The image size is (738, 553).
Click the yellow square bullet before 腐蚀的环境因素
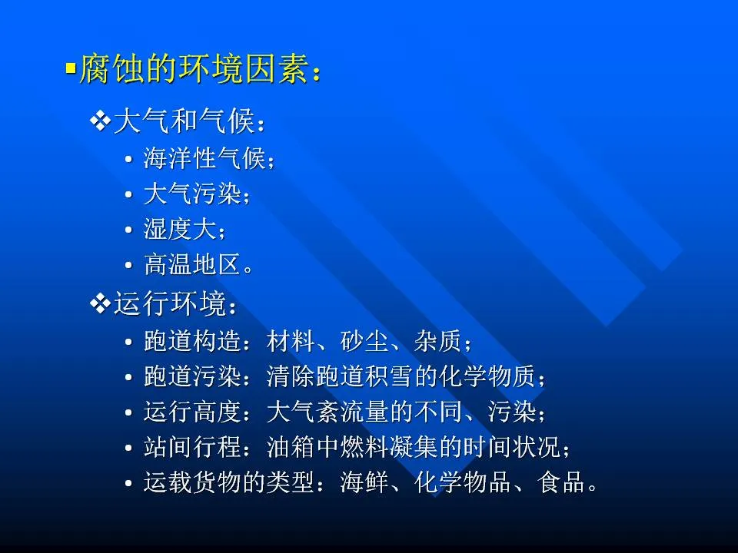pyautogui.click(x=71, y=69)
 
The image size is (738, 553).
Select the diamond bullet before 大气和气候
pyautogui.click(x=100, y=121)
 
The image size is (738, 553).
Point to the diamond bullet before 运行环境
pyautogui.click(x=100, y=303)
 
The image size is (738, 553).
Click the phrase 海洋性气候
pyautogui.click(x=204, y=158)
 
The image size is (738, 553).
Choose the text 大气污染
pyautogui.click(x=192, y=194)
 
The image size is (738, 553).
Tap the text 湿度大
pyautogui.click(x=180, y=230)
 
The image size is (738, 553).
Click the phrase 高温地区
pyautogui.click(x=192, y=264)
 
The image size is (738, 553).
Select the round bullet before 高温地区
pyautogui.click(x=128, y=265)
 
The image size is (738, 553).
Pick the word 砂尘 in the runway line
pyautogui.click(x=364, y=341)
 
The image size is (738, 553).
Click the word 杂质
pyautogui.click(x=437, y=341)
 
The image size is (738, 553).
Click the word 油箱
pyautogui.click(x=291, y=447)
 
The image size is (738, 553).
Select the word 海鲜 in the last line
pyautogui.click(x=364, y=482)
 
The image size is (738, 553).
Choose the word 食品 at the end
pyautogui.click(x=560, y=482)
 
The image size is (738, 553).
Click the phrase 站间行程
pyautogui.click(x=192, y=447)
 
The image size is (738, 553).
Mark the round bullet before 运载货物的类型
pyautogui.click(x=128, y=483)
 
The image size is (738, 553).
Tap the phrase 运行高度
pyautogui.click(x=192, y=412)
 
